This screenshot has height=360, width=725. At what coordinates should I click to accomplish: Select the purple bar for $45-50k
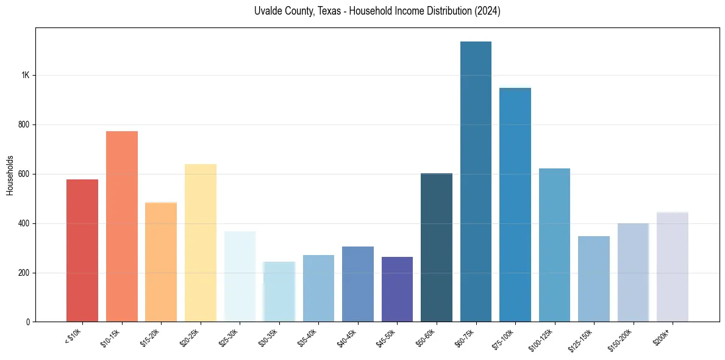click(397, 289)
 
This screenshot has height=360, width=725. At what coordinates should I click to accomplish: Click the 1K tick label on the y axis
click(26, 76)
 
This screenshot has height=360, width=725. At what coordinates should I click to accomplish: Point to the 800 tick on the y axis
click(24, 125)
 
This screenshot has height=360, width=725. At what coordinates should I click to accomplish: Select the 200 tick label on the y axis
click(24, 273)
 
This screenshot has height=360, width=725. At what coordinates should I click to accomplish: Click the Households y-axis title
click(10, 175)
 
